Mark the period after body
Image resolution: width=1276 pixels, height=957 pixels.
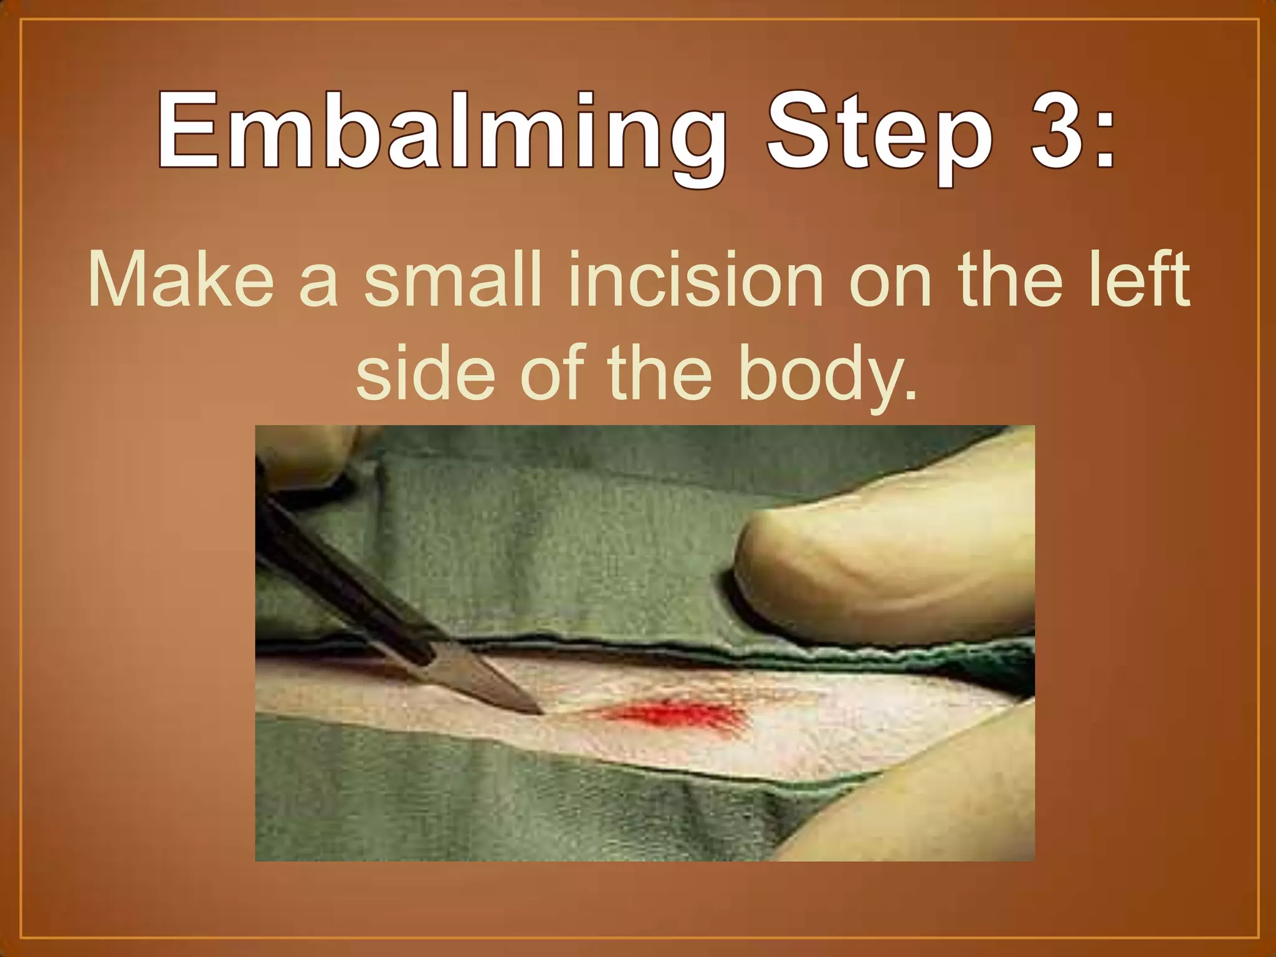click(910, 396)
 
